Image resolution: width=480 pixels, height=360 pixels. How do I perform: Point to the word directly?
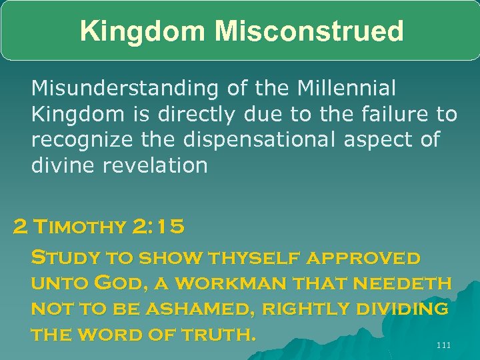tap(197, 115)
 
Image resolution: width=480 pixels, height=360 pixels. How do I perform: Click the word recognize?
tap(83, 139)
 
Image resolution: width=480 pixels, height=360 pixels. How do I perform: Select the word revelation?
tap(154, 165)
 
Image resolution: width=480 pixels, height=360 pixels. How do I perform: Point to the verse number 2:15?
tap(158, 227)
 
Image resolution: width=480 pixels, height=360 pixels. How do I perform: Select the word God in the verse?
tap(118, 283)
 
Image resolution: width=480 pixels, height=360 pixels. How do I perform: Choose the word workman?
tap(225, 283)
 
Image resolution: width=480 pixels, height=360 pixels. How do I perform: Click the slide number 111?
tap(443, 345)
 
